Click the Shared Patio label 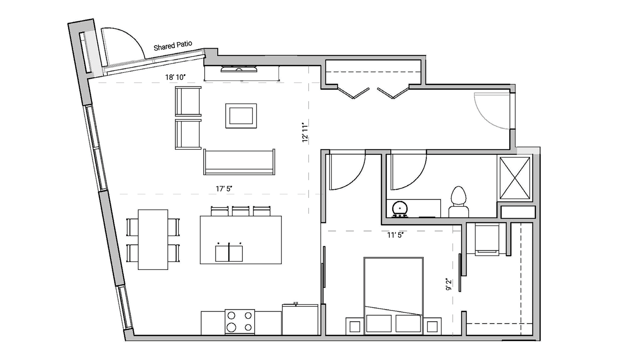coord(173,46)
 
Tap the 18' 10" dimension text coord(175,77)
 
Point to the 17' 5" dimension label coord(224,189)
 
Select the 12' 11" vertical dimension coord(305,132)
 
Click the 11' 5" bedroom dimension coord(395,235)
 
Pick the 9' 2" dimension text coord(449,284)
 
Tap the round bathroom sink coord(400,209)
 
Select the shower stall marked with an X coord(515,178)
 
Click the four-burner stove coord(240,322)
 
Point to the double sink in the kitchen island coord(229,253)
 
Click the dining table coord(153,239)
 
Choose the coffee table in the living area coord(241,116)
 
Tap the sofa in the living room coord(239,162)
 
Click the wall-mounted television coord(239,69)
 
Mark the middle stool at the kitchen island coord(241,211)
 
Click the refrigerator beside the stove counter coord(300,319)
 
